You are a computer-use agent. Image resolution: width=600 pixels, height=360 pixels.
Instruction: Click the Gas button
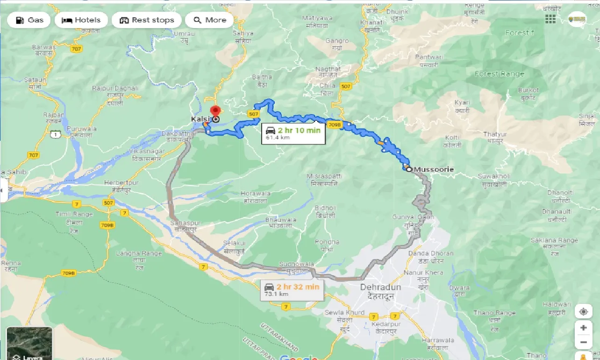point(29,20)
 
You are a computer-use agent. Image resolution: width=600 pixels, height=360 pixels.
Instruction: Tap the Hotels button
point(81,20)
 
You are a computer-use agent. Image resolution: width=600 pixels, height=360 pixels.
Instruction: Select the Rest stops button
point(147,20)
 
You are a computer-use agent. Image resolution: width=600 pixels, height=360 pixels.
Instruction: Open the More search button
point(210,20)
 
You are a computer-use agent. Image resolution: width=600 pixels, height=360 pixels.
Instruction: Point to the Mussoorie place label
point(434,169)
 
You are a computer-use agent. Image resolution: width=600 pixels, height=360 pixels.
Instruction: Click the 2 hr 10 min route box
point(293,133)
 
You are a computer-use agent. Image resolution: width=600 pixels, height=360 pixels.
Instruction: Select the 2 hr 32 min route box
point(291,289)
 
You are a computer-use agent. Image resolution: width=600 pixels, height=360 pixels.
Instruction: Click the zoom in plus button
point(583,328)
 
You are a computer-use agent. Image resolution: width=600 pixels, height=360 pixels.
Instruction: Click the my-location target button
point(583,311)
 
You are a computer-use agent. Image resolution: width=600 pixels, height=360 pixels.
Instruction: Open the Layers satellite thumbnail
point(29,343)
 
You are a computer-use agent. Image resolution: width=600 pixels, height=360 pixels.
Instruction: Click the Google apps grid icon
point(550,19)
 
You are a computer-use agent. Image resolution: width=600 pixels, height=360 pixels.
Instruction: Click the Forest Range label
point(500,74)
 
